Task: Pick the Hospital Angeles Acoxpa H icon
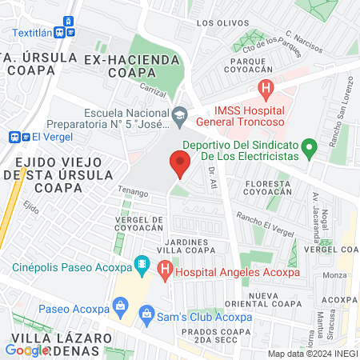tap(166, 270)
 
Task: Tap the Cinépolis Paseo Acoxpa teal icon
tap(142, 262)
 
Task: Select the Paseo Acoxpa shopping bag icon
tap(121, 304)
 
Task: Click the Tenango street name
tap(134, 193)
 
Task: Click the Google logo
tap(27, 350)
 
